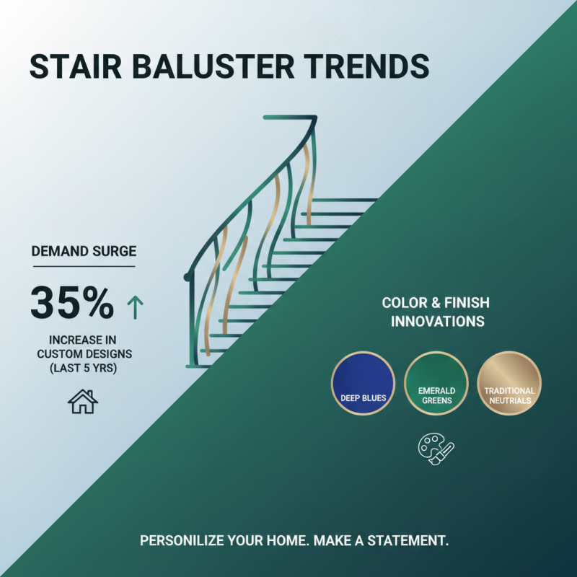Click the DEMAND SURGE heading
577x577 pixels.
click(x=84, y=252)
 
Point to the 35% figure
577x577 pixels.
click(x=71, y=304)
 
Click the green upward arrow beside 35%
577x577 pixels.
click(x=135, y=307)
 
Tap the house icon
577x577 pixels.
click(x=83, y=401)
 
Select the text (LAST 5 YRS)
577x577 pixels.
click(x=84, y=369)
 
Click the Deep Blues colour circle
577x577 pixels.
click(x=363, y=384)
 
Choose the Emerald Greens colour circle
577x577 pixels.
click(x=436, y=384)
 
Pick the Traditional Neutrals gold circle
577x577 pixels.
click(x=509, y=384)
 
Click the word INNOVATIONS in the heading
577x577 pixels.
click(x=437, y=321)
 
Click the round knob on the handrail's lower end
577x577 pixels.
click(x=189, y=277)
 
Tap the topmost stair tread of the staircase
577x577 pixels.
click(x=346, y=200)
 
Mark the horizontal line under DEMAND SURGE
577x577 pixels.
click(x=84, y=266)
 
